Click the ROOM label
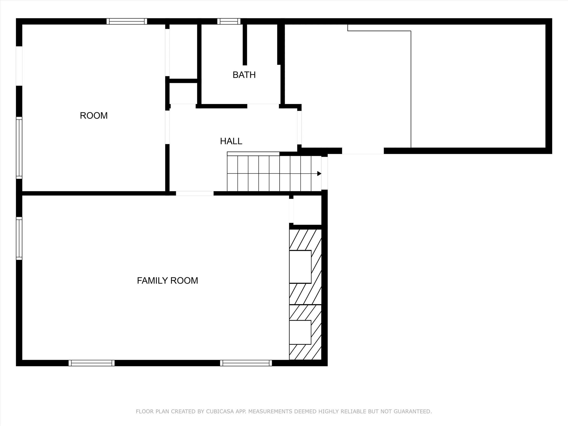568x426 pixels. click(x=94, y=116)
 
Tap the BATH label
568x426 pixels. click(x=244, y=75)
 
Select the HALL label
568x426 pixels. click(x=231, y=141)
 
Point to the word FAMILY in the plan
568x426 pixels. click(x=152, y=281)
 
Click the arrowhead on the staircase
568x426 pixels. click(x=319, y=174)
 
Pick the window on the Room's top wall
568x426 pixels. click(x=127, y=21)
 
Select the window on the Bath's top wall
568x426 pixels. click(x=229, y=21)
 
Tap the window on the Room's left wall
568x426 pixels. click(x=19, y=148)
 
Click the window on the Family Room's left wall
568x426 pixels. click(x=19, y=239)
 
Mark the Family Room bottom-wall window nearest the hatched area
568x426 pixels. click(x=246, y=363)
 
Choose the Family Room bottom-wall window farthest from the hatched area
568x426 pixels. click(x=92, y=363)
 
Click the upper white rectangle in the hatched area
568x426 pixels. click(x=300, y=267)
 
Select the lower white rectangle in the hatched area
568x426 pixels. click(x=300, y=332)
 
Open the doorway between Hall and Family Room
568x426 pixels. click(x=195, y=193)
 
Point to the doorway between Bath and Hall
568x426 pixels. click(x=263, y=106)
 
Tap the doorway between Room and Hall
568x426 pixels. click(x=167, y=127)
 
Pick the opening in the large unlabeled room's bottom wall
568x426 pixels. click(x=363, y=151)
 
